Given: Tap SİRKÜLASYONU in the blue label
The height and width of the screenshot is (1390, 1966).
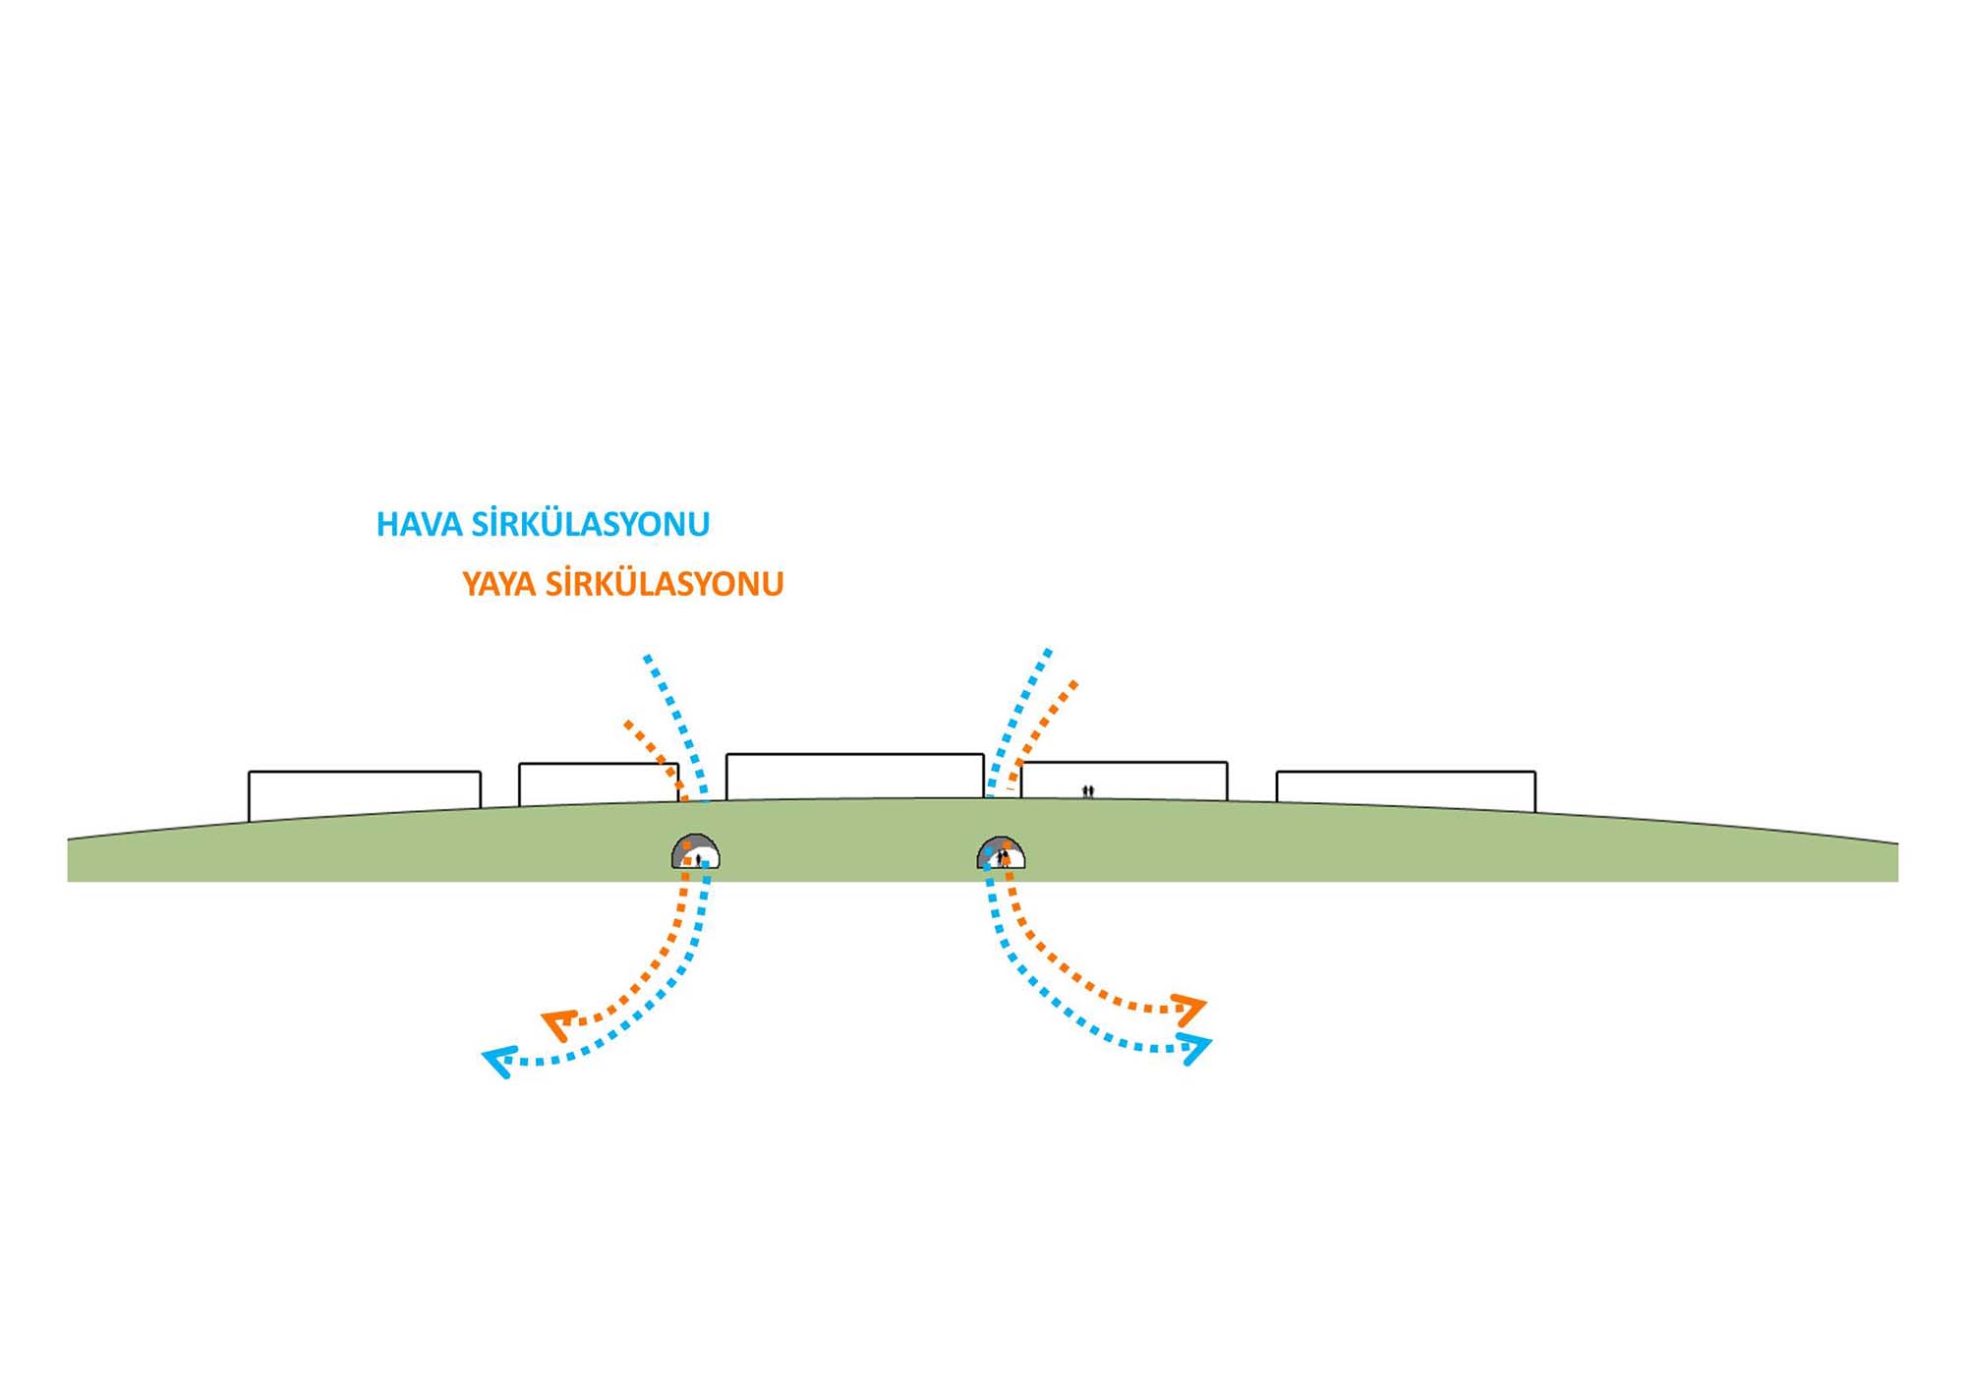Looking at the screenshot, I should click(x=590, y=524).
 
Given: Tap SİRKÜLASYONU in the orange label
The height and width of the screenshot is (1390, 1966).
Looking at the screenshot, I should click(x=665, y=584).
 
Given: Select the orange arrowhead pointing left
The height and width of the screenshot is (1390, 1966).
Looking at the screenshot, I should click(x=558, y=1023).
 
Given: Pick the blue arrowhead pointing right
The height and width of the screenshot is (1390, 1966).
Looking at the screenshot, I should click(x=1194, y=1049).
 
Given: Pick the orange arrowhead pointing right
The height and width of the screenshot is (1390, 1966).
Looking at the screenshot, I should click(x=1190, y=1008).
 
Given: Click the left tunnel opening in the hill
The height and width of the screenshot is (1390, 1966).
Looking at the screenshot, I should click(x=696, y=853).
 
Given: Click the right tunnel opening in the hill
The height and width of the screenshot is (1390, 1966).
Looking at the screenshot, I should click(x=1001, y=853).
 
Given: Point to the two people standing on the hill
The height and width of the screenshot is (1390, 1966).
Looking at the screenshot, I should click(x=1088, y=790).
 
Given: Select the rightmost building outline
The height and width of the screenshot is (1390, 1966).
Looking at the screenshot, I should click(x=1406, y=789).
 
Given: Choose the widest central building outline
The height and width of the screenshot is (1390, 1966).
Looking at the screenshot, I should click(x=854, y=777).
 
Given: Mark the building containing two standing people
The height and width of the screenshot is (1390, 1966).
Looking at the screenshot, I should click(x=1124, y=781).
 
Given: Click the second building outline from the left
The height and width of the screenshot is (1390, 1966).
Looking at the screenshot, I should click(x=598, y=783).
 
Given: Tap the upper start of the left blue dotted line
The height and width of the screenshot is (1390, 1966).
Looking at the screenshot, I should click(x=647, y=657).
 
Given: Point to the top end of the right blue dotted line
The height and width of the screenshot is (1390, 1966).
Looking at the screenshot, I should click(x=1049, y=651).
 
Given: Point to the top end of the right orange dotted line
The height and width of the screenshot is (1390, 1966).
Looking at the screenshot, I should click(x=1074, y=683).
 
